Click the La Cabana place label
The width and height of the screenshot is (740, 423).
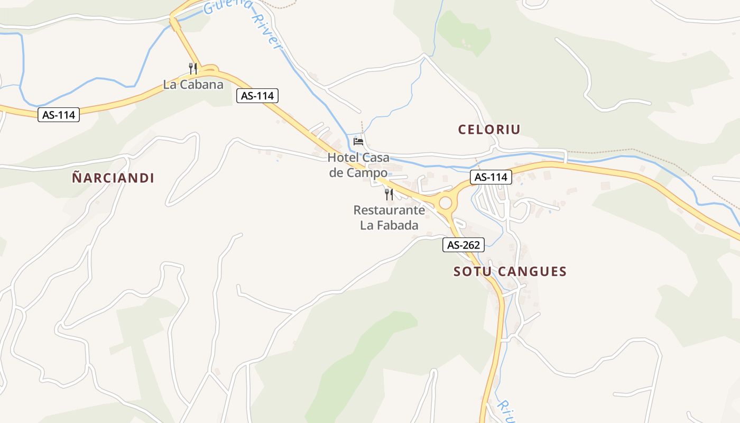(x=193, y=85)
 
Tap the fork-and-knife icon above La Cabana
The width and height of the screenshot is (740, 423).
(x=193, y=68)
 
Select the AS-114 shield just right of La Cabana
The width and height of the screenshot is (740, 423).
(x=257, y=96)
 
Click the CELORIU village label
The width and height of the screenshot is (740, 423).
(x=489, y=129)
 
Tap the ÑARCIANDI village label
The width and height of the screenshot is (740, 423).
(x=113, y=178)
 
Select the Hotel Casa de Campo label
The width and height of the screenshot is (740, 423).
(x=358, y=165)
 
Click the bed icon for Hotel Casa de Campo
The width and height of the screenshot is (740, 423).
(x=358, y=141)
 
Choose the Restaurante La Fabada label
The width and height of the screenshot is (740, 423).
(x=389, y=217)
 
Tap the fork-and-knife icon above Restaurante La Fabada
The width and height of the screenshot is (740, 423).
(x=389, y=195)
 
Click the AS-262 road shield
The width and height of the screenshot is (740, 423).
(x=463, y=245)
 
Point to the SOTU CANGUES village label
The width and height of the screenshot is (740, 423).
(x=510, y=272)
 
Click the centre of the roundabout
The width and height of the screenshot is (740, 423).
(x=446, y=203)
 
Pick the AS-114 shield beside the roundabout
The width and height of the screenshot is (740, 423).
(x=491, y=177)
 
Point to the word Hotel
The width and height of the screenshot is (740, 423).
(x=343, y=158)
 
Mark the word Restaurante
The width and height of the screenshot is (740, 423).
(x=389, y=210)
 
